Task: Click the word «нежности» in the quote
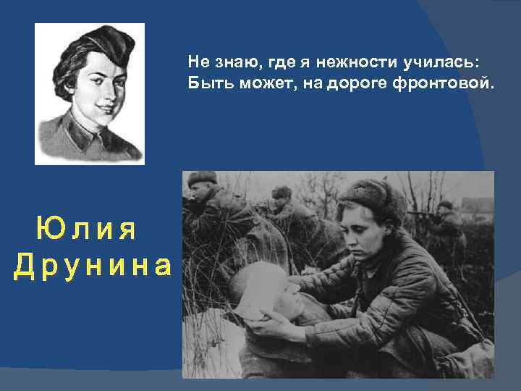[x=342, y=63]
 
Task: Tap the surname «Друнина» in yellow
[x=93, y=266]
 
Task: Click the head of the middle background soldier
[x=281, y=194]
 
